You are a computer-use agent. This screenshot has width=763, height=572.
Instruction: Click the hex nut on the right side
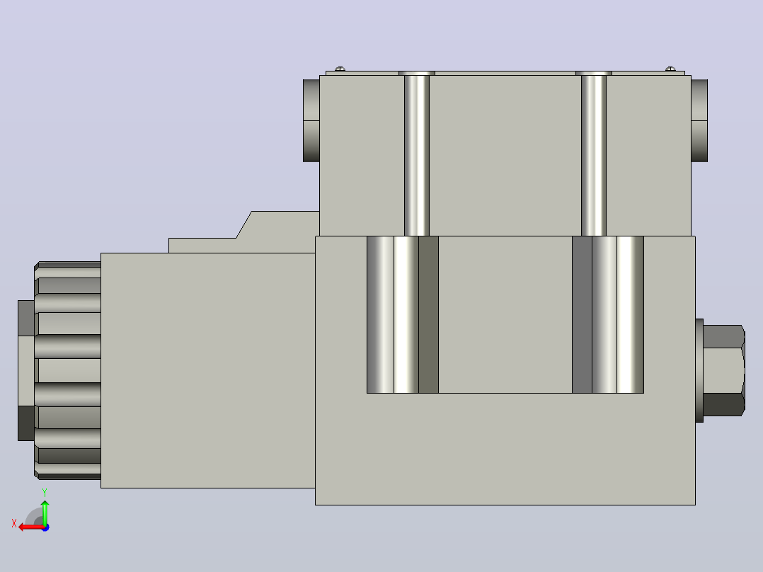723,370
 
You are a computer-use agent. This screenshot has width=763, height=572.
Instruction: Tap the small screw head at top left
340,69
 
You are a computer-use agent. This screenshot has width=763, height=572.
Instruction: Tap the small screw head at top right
670,69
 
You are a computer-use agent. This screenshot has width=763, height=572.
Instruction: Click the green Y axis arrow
45,512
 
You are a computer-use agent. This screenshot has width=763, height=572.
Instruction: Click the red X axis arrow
31,527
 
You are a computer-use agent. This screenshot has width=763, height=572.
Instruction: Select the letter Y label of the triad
45,493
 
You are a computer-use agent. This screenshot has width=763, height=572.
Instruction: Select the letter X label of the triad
14,523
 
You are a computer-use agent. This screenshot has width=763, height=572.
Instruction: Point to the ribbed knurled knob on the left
68,370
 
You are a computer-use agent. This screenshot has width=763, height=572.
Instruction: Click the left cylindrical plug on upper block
311,121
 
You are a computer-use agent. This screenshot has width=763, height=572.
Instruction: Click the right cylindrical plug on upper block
699,121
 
